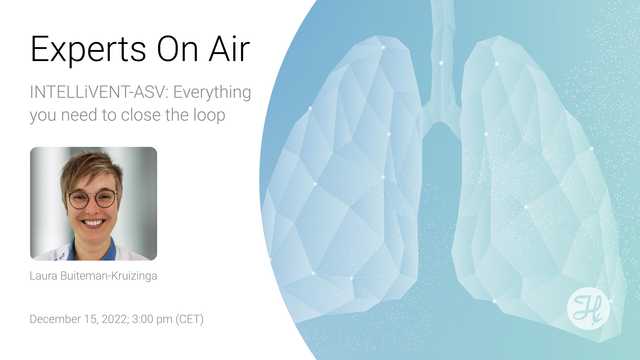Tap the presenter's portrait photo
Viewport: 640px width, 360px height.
[93, 203]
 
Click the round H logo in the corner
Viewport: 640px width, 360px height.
[589, 308]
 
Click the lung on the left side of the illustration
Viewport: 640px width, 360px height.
[345, 170]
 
